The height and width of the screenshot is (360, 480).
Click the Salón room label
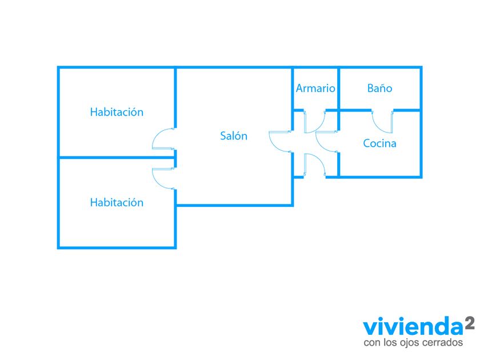(234, 136)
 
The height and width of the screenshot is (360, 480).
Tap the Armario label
(315, 89)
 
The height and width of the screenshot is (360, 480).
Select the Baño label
(380, 89)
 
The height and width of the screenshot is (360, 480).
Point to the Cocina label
(380, 143)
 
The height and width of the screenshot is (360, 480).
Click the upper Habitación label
(117, 112)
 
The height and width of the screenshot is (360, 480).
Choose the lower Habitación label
(117, 202)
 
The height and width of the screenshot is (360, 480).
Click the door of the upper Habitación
(163, 139)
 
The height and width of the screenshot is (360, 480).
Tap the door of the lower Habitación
(163, 177)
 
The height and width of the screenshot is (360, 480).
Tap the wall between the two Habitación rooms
(114, 158)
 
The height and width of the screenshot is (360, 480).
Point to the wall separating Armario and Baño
(339, 89)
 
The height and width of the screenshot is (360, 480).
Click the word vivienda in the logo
(411, 328)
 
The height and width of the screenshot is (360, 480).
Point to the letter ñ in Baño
(382, 89)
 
